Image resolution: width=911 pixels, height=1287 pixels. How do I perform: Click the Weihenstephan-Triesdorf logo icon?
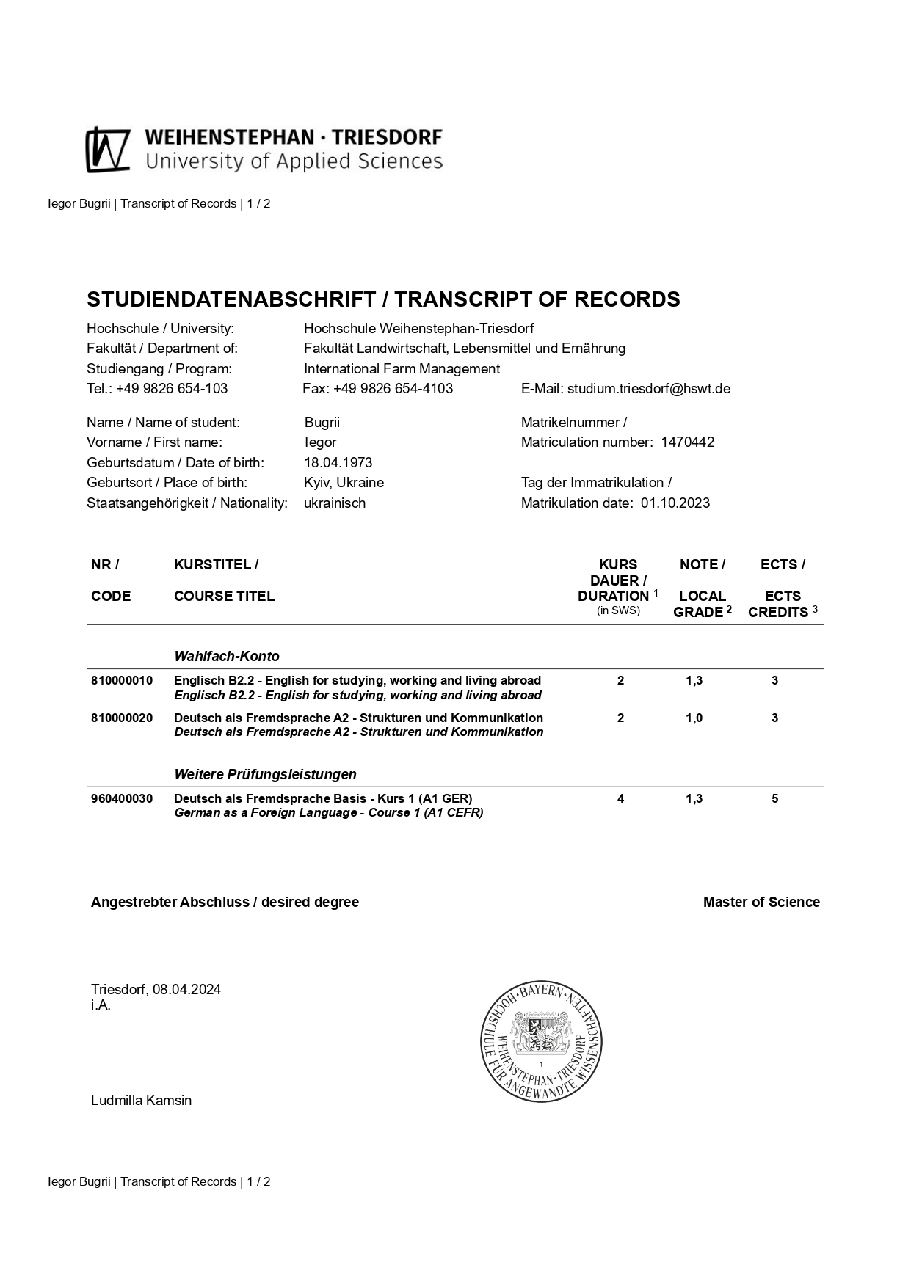[108, 150]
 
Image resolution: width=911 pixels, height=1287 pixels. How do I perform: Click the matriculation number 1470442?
[687, 442]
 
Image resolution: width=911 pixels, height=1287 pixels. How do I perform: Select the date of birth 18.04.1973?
[338, 462]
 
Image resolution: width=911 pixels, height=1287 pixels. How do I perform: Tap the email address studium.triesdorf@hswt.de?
[648, 388]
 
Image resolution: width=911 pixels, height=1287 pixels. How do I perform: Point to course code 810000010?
[122, 680]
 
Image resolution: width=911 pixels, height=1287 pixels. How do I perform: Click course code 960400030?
[122, 798]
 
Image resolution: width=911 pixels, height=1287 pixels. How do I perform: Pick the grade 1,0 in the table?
[694, 718]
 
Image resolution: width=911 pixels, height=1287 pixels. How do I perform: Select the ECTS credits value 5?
[774, 798]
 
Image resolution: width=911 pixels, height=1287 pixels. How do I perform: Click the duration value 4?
[620, 798]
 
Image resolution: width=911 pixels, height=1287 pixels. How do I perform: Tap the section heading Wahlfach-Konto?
[226, 656]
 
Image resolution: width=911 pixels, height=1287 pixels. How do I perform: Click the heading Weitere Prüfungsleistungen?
[265, 774]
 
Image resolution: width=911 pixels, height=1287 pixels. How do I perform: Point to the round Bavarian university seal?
[541, 1040]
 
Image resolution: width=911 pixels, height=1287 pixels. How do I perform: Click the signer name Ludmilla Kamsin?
[141, 1100]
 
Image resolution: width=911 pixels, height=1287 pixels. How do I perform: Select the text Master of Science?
[761, 902]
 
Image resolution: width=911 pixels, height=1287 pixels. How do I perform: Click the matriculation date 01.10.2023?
[675, 503]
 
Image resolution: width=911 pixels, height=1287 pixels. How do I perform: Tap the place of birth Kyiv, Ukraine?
[344, 482]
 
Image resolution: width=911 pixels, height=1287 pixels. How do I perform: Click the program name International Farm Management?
[402, 368]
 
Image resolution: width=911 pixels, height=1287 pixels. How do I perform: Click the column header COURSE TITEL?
[224, 596]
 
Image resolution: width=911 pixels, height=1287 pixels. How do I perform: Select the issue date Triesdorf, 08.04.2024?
[156, 989]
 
